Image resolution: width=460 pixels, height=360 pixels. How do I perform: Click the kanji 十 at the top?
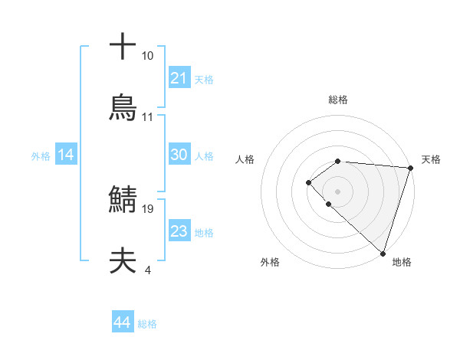(x=123, y=47)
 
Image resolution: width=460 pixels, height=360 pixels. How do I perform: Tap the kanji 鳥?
(x=123, y=108)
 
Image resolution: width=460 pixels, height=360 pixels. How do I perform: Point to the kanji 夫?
(x=123, y=261)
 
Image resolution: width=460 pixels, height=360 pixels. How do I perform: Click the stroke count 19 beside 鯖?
(x=148, y=208)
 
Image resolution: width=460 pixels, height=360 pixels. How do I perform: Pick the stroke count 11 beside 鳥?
(x=148, y=117)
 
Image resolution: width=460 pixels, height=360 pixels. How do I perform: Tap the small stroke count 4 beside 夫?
(x=147, y=270)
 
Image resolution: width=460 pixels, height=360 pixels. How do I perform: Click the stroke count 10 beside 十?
(x=148, y=56)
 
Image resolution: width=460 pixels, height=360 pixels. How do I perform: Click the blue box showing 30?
(x=179, y=155)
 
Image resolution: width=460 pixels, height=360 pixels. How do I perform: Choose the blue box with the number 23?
(x=179, y=231)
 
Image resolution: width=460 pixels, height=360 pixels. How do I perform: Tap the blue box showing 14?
(x=66, y=155)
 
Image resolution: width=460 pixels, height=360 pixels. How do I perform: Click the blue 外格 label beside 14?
(x=41, y=156)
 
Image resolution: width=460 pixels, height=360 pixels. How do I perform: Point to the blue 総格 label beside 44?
(x=147, y=324)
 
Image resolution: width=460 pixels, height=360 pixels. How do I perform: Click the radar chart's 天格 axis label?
(x=431, y=159)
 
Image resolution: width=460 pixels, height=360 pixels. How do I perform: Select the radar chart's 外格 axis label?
(x=270, y=262)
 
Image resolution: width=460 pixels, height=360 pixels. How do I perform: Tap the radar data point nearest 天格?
(x=410, y=168)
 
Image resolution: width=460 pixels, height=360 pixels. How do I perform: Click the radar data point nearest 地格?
(x=383, y=254)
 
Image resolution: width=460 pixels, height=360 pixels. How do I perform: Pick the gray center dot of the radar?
(x=337, y=191)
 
